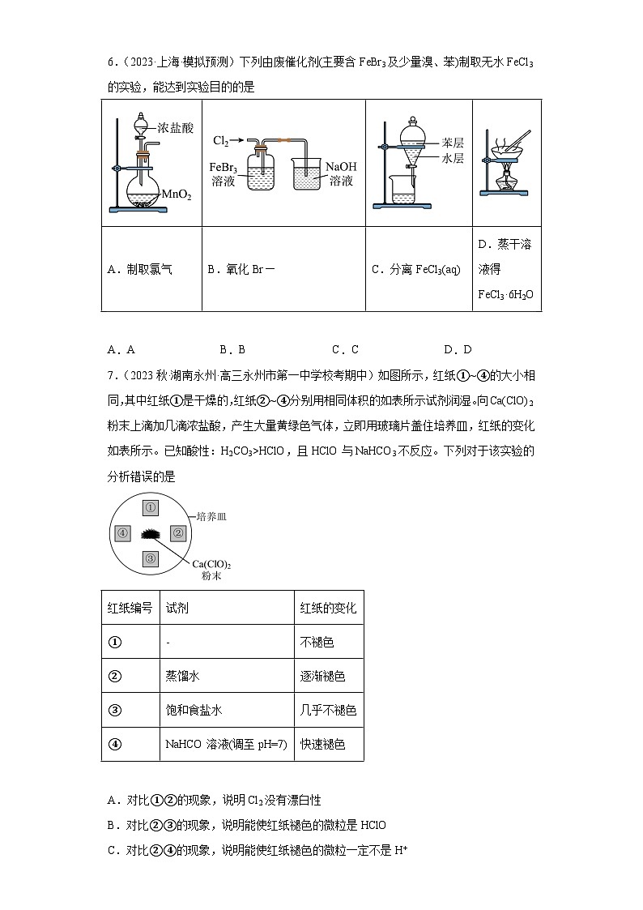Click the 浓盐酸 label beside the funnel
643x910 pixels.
(176, 128)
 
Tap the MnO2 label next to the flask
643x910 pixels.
(177, 194)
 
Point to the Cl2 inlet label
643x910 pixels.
(221, 140)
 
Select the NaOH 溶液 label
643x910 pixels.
(341, 173)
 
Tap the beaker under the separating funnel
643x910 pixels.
(402, 190)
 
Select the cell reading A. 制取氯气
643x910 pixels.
(139, 269)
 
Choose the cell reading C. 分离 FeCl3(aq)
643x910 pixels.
(415, 269)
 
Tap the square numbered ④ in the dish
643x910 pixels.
(123, 533)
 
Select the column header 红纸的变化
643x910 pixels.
(328, 608)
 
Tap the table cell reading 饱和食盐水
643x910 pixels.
(193, 710)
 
